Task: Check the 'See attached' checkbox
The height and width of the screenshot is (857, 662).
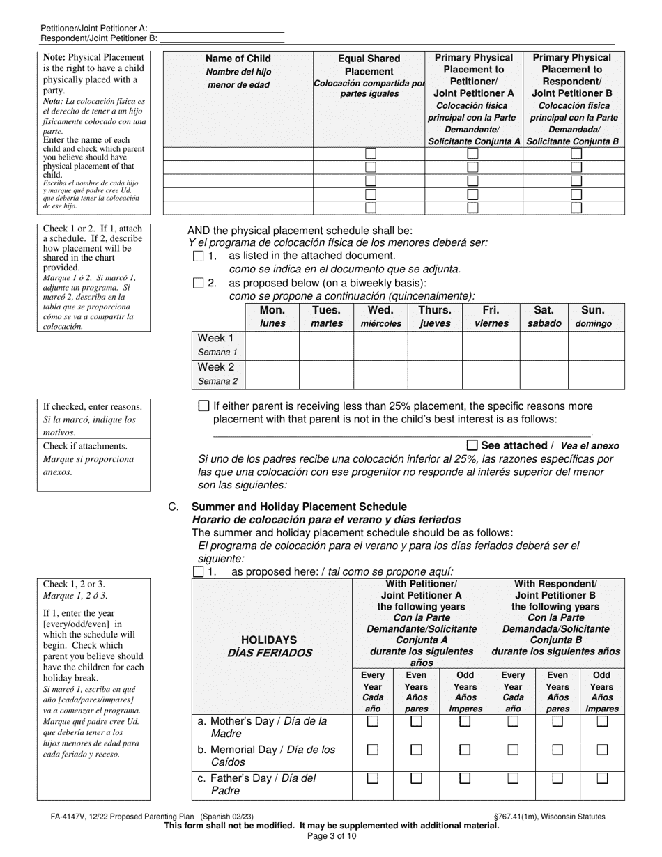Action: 472,445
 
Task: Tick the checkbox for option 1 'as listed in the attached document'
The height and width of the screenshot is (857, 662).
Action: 198,256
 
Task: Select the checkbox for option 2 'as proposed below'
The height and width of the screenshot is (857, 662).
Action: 198,283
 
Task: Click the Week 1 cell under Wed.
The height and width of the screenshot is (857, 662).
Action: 380,345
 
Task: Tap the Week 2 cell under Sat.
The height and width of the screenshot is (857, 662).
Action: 544,374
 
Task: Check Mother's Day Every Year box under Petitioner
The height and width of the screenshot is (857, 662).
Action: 373,722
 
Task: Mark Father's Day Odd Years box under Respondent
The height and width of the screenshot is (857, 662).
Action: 602,778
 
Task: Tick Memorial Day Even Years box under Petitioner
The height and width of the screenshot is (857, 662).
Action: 416,750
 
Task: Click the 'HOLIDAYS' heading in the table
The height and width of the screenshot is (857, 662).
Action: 269,640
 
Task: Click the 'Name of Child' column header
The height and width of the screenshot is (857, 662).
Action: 238,59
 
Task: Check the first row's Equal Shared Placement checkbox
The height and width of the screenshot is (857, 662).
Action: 371,153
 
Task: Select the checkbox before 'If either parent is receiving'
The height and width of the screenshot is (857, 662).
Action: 203,406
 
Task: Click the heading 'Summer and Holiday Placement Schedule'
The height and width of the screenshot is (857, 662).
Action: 299,507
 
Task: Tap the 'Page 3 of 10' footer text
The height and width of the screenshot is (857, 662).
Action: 331,836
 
